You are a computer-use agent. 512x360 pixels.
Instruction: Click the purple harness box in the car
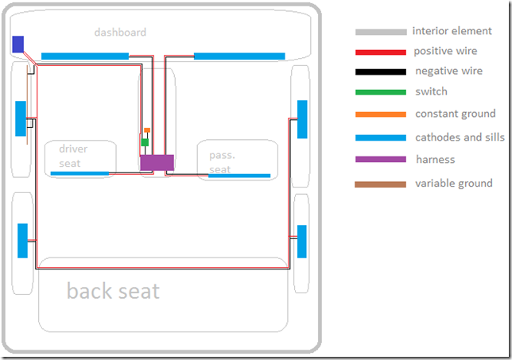pos(157,161)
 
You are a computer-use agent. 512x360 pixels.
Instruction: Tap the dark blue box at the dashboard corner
pos(17,44)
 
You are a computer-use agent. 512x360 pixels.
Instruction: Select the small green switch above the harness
pos(145,142)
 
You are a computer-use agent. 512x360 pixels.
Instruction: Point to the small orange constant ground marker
pos(147,130)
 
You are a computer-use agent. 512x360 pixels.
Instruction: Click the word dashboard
pos(120,33)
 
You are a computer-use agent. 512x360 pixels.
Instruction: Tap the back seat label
pos(113,291)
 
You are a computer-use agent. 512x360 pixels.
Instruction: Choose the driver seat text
pos(73,156)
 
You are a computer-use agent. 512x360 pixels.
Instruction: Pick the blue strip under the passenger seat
pos(239,175)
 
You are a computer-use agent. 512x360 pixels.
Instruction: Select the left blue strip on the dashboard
pos(84,56)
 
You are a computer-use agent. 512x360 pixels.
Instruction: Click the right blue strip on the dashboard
pos(239,56)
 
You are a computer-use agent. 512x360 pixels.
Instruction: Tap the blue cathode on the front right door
pos(302,118)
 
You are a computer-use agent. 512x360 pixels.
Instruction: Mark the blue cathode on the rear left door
pos(22,241)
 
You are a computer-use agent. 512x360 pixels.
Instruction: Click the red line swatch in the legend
pos(380,52)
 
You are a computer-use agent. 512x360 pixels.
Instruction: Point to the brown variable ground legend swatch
pos(380,184)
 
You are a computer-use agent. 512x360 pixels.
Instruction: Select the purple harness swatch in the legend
pos(380,160)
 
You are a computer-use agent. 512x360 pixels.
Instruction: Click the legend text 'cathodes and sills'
pos(460,137)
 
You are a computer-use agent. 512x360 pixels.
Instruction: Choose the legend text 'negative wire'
pos(448,72)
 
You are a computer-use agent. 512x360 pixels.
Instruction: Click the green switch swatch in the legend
pos(380,93)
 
